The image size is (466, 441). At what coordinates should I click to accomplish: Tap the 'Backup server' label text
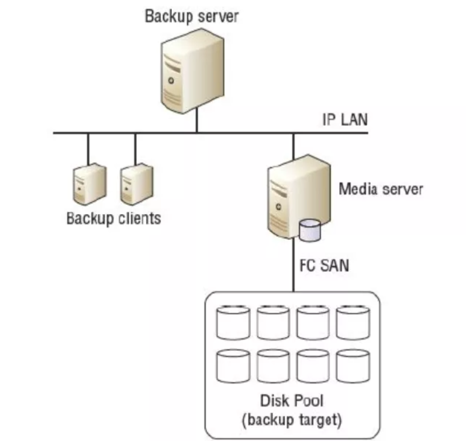point(192,16)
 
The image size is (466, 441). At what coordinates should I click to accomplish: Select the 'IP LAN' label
point(345,120)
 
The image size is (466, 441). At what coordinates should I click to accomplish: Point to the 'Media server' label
point(381,189)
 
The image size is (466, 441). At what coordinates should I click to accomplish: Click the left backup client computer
point(89,184)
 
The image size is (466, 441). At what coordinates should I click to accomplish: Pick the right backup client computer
point(136,184)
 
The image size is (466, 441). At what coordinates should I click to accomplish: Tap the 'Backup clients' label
point(113,219)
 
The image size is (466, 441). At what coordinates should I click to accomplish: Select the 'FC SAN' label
point(320,266)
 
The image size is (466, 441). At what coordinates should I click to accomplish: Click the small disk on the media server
point(309,230)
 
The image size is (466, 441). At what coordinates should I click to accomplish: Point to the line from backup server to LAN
point(196,123)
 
